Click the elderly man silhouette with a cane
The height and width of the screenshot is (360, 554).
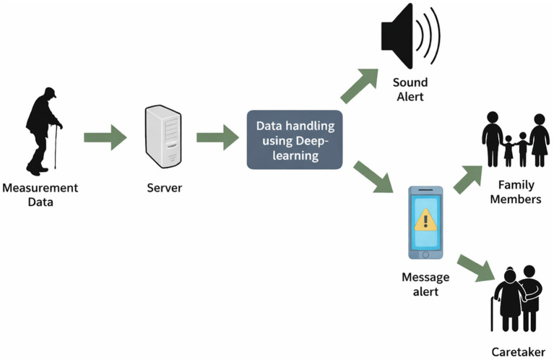point(43,132)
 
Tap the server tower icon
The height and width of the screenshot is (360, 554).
point(163,137)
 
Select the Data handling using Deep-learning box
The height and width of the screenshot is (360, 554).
point(295,140)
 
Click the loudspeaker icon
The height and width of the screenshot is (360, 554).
point(410,35)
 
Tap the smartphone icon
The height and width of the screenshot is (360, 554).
point(425,223)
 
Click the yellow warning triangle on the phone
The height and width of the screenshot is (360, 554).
point(425,220)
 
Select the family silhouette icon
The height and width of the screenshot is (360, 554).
point(516,140)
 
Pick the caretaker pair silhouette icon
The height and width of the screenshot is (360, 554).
point(517,299)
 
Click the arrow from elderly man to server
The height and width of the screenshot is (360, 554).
point(105,137)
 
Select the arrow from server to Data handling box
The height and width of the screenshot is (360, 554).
point(217,137)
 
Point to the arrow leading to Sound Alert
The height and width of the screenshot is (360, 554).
point(360,86)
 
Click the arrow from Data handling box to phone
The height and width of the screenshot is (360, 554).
point(373,177)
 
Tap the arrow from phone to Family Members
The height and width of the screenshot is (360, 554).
point(468,180)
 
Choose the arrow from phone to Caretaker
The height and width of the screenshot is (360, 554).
point(476,268)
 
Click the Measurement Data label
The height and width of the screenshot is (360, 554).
point(40,195)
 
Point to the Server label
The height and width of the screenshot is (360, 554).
point(164,188)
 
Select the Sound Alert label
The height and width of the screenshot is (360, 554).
point(410,90)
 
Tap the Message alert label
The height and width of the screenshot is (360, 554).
point(425,284)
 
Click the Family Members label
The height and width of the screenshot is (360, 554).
point(516,192)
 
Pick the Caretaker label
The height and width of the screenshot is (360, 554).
point(519,352)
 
